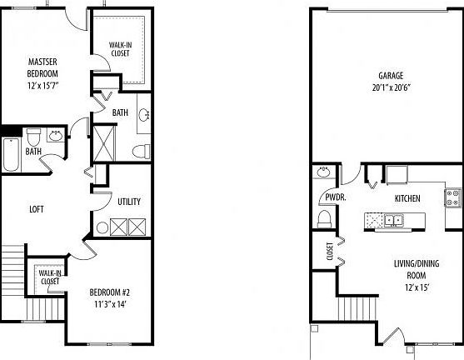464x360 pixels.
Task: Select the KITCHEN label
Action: pos(406,198)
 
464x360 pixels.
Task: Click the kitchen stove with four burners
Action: pos(454,198)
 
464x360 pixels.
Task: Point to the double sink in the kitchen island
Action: pos(391,221)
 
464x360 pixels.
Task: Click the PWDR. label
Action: pos(324,198)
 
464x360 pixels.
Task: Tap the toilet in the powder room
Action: pos(325,218)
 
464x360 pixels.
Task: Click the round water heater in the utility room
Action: pos(103,226)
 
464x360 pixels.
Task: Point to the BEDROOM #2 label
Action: pos(111,292)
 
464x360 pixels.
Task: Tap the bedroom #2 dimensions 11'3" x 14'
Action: pos(111,305)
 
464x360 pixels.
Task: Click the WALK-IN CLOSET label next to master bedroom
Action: pos(121,51)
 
